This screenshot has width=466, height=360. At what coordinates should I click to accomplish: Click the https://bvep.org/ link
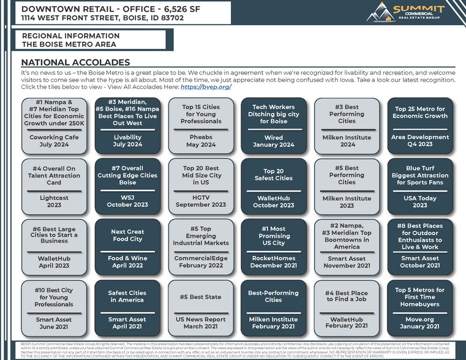pyautogui.click(x=206, y=87)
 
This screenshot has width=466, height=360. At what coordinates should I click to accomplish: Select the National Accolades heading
pyautogui.click(x=75, y=62)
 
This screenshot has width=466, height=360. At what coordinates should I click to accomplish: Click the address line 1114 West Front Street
pyautogui.click(x=102, y=18)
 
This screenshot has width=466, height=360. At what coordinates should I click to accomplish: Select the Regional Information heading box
pyautogui.click(x=91, y=40)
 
